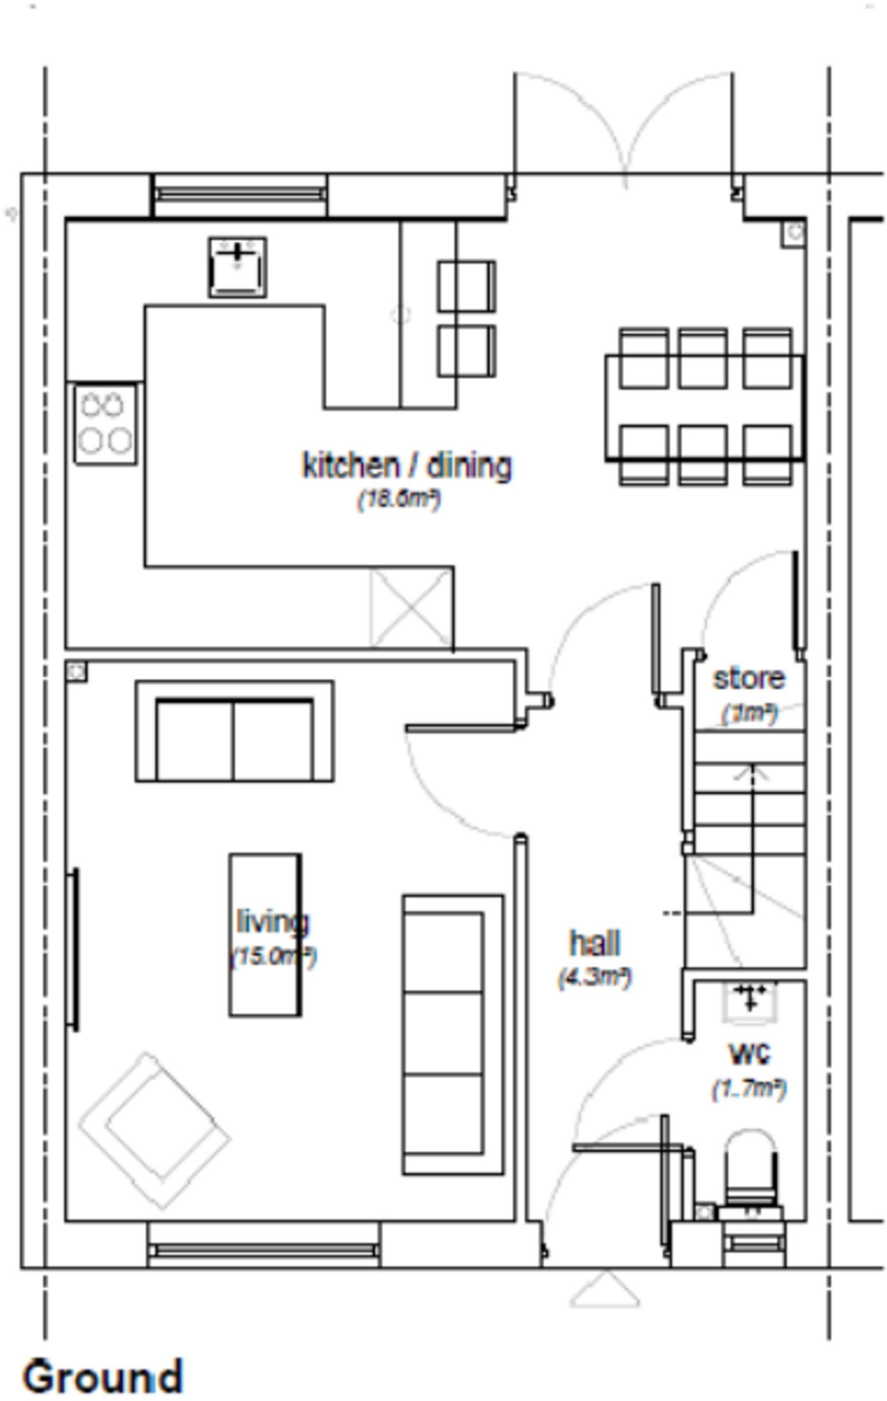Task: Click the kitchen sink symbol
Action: (x=237, y=267)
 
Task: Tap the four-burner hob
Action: (x=105, y=424)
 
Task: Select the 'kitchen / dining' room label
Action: (x=407, y=466)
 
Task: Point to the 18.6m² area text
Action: (x=399, y=499)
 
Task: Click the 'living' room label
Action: (x=272, y=921)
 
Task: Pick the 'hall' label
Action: (x=595, y=943)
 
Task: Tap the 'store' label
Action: (x=749, y=679)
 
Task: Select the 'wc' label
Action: (x=750, y=1053)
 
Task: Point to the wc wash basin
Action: (x=750, y=1003)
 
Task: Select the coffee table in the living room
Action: (x=265, y=934)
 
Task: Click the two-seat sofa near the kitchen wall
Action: (x=235, y=731)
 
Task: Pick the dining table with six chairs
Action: (x=704, y=408)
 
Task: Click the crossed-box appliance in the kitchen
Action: (x=410, y=607)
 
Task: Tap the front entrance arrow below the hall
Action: (x=605, y=1292)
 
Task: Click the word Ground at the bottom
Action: (x=103, y=1375)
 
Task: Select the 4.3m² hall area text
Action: (x=594, y=977)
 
